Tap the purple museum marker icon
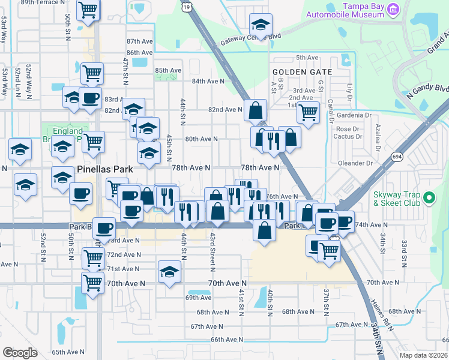click(x=393, y=8)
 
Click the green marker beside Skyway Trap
click(x=429, y=197)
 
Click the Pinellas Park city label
click(x=105, y=169)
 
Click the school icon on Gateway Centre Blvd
click(x=261, y=25)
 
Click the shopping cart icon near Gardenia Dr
click(x=308, y=111)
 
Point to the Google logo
click(x=20, y=352)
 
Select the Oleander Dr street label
click(x=355, y=163)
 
